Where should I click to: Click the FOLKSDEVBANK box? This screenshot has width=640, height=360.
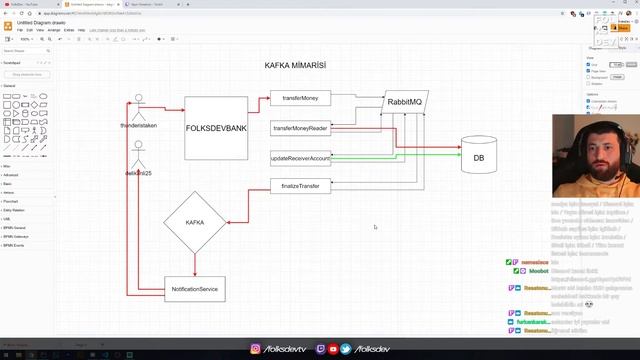click(216, 127)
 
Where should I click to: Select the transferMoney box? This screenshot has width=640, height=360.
click(300, 98)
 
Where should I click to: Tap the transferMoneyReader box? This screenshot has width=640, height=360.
click(300, 128)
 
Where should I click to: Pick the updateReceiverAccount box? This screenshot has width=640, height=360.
click(300, 158)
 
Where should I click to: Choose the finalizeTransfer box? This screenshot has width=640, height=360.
click(300, 186)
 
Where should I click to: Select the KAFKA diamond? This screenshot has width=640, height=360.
click(195, 222)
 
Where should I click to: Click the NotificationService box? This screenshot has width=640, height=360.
click(195, 289)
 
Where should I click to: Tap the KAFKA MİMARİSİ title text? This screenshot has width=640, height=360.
click(295, 65)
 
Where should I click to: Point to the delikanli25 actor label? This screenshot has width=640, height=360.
click(138, 173)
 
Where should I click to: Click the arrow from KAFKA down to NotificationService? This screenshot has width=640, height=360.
click(195, 264)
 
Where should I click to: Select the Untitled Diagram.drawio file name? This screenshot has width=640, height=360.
click(44, 22)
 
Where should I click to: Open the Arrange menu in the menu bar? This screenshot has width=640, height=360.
click(54, 30)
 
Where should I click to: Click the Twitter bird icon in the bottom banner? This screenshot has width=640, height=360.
click(346, 349)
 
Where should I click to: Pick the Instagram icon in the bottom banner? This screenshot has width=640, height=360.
click(256, 349)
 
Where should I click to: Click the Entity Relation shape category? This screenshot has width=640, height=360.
click(14, 210)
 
